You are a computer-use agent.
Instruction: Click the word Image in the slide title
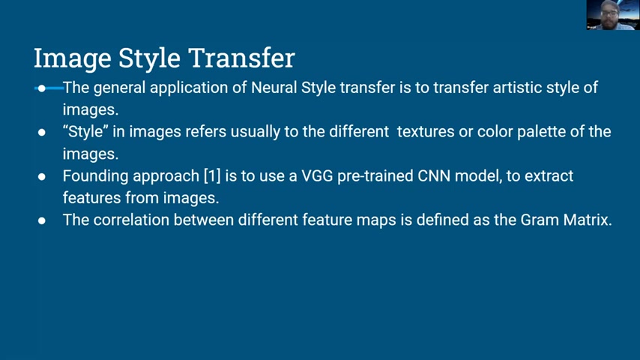point(72,58)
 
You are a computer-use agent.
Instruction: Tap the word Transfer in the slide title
point(241,58)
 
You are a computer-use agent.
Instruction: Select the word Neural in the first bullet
point(274,88)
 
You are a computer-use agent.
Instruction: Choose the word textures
point(426,131)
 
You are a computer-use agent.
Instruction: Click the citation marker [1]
point(212,176)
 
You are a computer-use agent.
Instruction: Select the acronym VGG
point(317,176)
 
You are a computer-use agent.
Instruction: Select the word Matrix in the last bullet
point(588,220)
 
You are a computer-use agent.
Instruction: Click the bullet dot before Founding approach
point(42,176)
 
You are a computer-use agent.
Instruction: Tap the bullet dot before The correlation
point(42,220)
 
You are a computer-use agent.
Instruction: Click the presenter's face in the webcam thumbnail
point(609,13)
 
